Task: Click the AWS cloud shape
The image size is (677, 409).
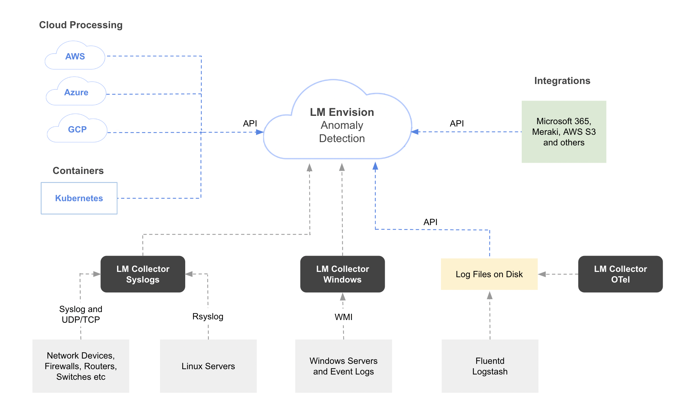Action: (x=75, y=56)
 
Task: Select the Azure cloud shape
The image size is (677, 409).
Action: (x=76, y=92)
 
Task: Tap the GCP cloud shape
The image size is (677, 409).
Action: (x=77, y=129)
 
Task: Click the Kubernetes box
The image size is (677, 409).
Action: (x=79, y=198)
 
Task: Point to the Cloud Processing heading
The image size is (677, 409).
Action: (x=81, y=25)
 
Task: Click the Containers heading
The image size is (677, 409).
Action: (x=78, y=171)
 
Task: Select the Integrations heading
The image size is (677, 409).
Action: (x=562, y=81)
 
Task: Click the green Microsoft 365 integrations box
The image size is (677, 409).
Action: (x=564, y=132)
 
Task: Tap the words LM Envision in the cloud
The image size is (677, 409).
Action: (x=342, y=112)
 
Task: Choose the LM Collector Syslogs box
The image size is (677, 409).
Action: (x=143, y=274)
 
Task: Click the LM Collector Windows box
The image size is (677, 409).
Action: (x=342, y=274)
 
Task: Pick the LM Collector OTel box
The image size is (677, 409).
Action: (x=620, y=274)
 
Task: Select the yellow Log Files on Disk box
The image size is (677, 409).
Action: (x=489, y=274)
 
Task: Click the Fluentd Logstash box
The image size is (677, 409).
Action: (x=490, y=366)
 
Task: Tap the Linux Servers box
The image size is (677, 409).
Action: (x=208, y=366)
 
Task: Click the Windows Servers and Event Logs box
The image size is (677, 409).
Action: (x=343, y=366)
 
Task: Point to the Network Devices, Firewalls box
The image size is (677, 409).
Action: (x=81, y=366)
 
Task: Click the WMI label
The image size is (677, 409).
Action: (x=343, y=317)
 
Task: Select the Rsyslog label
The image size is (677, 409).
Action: (x=208, y=316)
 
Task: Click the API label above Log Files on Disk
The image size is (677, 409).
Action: (x=430, y=222)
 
